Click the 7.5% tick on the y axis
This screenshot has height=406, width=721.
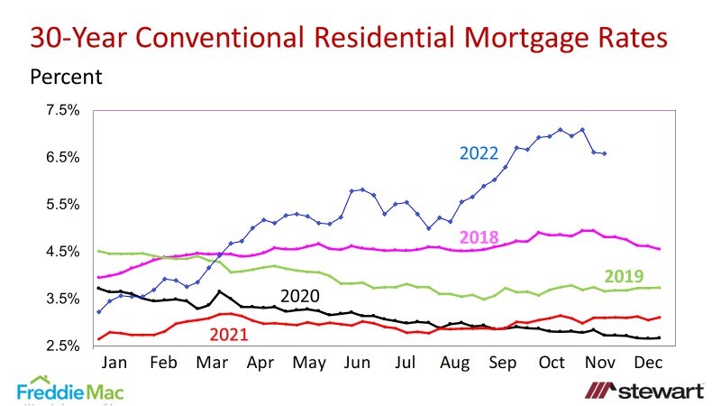(x=65, y=110)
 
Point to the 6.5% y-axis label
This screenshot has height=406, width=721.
(x=65, y=157)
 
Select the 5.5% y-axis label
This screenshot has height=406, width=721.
(x=65, y=205)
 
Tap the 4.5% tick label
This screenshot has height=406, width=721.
(x=65, y=252)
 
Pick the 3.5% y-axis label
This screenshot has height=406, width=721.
(x=65, y=299)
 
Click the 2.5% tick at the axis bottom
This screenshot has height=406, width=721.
(x=65, y=346)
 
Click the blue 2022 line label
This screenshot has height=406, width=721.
(x=479, y=153)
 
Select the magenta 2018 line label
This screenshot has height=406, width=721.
(x=479, y=237)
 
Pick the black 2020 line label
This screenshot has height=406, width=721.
(x=301, y=296)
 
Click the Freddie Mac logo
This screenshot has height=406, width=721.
(x=70, y=390)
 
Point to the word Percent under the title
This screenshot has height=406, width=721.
(x=66, y=77)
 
